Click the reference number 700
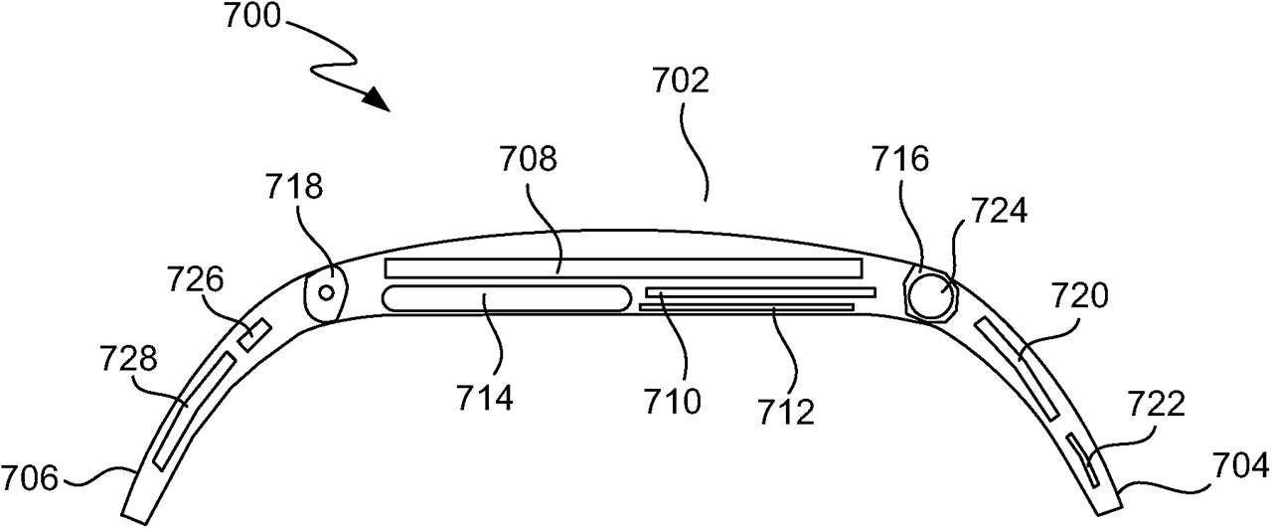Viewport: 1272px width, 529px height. (x=252, y=17)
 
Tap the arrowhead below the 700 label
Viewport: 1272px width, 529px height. (x=375, y=100)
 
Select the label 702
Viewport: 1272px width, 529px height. (x=681, y=82)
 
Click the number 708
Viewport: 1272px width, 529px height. (x=528, y=159)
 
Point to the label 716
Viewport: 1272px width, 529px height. (x=900, y=159)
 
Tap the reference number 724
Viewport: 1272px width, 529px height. (x=999, y=211)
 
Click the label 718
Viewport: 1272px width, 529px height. (x=294, y=186)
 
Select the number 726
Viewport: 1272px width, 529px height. (x=196, y=280)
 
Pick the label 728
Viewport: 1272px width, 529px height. (x=128, y=359)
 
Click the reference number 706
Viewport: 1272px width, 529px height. (x=30, y=477)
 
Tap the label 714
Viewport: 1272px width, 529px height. (x=485, y=398)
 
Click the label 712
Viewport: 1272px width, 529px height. (x=786, y=412)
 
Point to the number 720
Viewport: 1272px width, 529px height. (x=1080, y=296)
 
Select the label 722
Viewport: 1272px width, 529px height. (x=1157, y=404)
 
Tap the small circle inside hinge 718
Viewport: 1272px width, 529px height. (x=327, y=293)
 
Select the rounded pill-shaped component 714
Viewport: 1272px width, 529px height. (x=507, y=298)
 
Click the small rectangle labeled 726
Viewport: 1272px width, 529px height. (x=254, y=335)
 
